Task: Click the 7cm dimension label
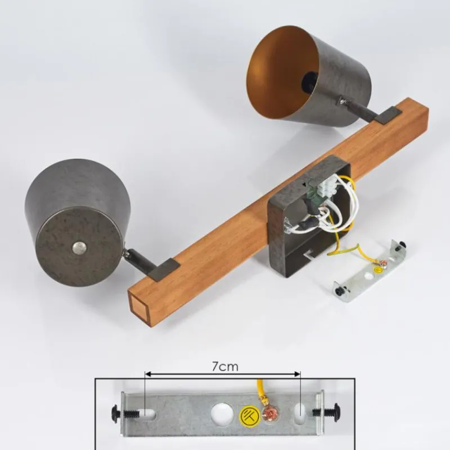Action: [225, 367]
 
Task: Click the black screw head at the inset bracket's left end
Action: [115, 414]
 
